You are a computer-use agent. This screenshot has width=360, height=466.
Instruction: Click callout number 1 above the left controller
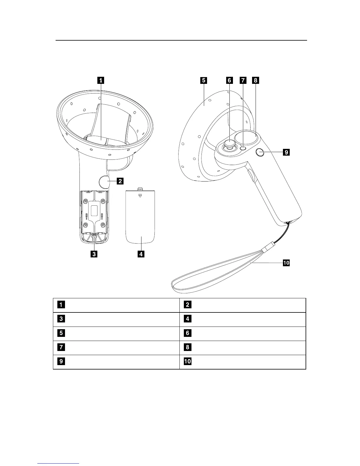101,80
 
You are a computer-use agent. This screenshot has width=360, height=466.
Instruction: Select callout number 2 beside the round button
120,181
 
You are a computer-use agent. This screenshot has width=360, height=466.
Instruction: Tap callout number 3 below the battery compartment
94,254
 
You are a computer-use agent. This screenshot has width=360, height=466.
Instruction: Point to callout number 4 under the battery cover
141,254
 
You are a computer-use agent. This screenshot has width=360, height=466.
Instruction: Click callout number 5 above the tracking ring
204,80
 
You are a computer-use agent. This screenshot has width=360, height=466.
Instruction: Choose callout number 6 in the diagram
230,80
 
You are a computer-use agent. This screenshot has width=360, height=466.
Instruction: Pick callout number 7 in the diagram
243,80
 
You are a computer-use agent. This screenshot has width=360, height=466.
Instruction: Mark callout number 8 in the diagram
255,80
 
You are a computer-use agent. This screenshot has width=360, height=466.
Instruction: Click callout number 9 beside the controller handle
286,152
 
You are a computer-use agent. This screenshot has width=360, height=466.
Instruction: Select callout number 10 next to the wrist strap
286,263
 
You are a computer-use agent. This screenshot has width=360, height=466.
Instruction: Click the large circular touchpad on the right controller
246,137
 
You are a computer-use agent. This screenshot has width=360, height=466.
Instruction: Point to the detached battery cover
140,218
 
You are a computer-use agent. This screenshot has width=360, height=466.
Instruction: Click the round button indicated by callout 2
104,182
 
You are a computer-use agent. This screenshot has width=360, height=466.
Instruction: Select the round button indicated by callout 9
260,152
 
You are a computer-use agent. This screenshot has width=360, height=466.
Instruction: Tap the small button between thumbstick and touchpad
243,149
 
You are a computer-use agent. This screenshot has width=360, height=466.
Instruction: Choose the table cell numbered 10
243,362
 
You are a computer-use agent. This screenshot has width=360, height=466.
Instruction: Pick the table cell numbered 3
116,319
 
